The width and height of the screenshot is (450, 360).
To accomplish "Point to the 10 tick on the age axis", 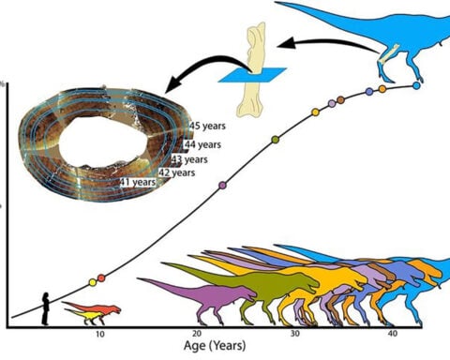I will pos(99,336).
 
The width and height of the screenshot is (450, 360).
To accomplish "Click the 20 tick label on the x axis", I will pos(197,336).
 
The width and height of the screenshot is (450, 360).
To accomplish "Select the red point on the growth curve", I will pos(101,277).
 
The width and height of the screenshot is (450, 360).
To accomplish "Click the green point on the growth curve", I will pos(275,140).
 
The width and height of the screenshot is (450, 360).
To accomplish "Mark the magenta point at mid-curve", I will pos(222,185).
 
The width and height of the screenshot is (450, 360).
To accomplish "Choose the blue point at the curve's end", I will pos(416,85).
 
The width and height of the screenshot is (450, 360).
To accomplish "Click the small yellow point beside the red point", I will pos(92,282).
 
